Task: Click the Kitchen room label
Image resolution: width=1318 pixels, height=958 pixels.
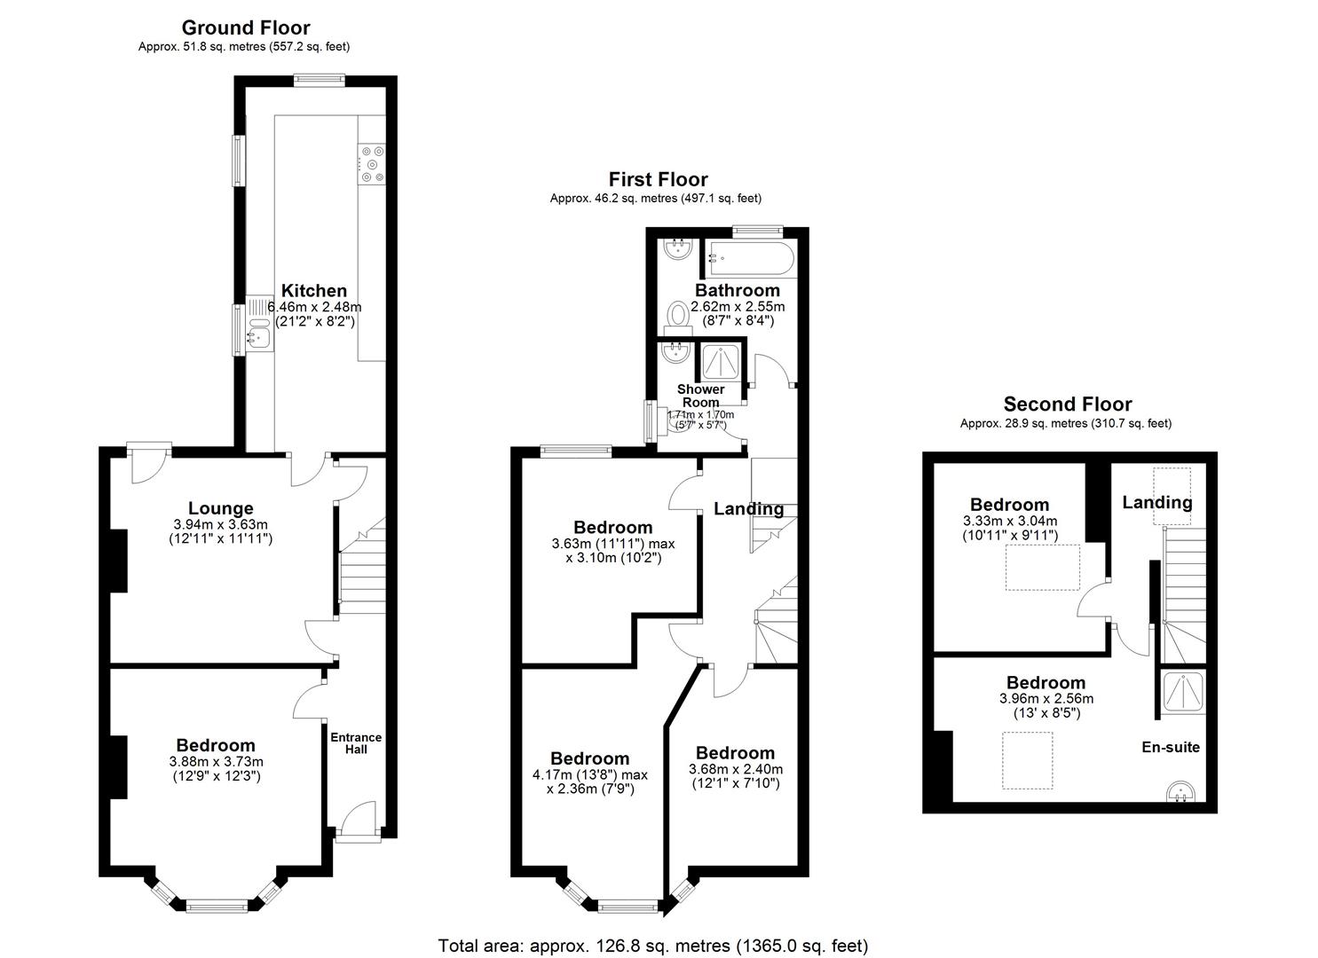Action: coord(314,291)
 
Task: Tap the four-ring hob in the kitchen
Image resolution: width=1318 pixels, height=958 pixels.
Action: coord(372,163)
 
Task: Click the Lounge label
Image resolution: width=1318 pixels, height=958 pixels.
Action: coord(220,508)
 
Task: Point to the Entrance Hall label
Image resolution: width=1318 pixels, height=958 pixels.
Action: coord(356,743)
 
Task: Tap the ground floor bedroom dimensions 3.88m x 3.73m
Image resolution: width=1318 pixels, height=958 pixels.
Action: coord(216,761)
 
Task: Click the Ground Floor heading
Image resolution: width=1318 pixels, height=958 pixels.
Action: coord(246,27)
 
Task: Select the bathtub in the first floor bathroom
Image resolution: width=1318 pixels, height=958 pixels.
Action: coord(750,258)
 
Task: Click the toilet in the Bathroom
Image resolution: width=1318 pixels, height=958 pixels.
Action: coord(680,315)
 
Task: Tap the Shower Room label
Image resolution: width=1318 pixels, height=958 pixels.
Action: coord(700,396)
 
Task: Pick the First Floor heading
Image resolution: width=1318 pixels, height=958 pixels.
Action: coord(658,180)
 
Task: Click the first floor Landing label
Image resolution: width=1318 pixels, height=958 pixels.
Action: coord(748,509)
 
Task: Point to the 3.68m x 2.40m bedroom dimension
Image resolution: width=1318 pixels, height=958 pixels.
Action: coord(735,769)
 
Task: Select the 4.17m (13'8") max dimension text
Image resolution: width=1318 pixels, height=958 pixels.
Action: coord(590,774)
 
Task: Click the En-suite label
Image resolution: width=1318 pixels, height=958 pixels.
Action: coord(1170,747)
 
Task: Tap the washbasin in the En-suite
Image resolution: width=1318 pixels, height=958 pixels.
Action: coord(1180,790)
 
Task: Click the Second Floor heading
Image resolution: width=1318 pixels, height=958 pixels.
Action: coord(1068,404)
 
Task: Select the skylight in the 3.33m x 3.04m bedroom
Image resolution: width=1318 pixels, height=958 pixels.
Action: coord(1042,568)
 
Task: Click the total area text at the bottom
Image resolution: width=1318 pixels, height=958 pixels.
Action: coord(653,946)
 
